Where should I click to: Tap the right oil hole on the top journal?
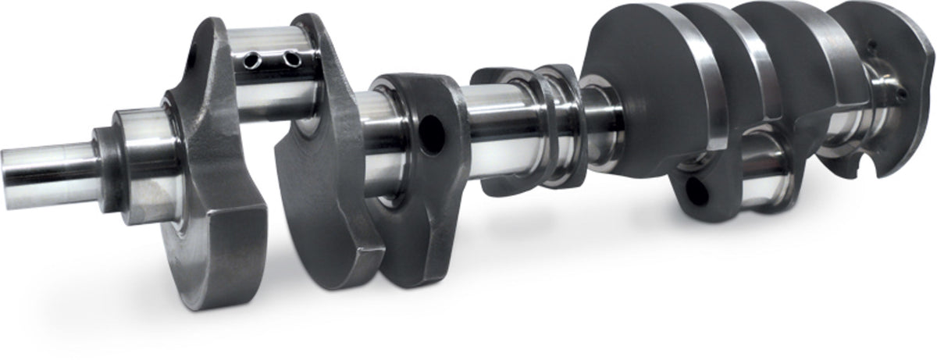tap(290, 59)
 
